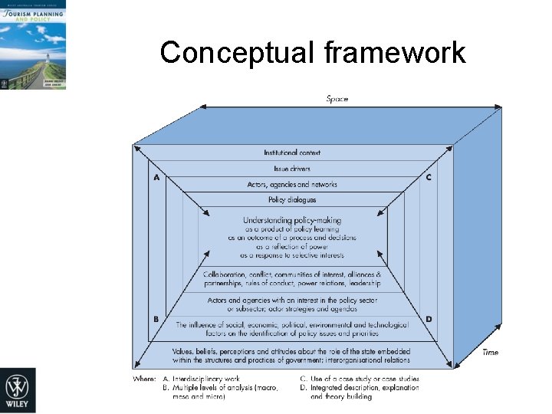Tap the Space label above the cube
coord(338,98)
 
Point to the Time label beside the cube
coord(490,352)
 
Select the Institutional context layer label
coord(292,153)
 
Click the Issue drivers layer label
coord(292,169)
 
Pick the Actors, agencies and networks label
coord(292,185)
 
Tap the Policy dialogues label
coord(292,200)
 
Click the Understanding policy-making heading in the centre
coord(292,221)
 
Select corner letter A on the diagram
coord(157,178)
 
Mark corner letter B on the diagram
coord(156,319)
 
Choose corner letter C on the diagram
coord(428,178)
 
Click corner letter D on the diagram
coord(428,319)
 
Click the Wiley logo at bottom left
coord(18,390)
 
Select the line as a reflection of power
coord(292,247)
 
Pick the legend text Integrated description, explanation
coord(364,388)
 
